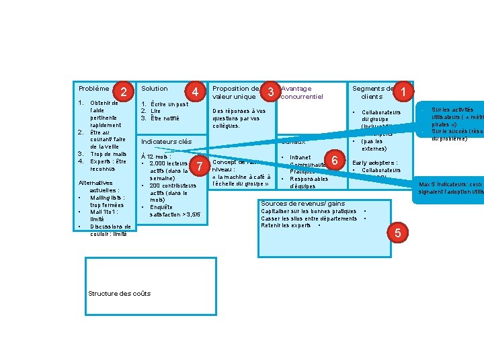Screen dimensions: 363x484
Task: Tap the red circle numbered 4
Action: [x=195, y=91]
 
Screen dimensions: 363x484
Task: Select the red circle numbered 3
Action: [x=271, y=91]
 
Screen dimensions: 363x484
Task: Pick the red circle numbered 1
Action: [x=403, y=91]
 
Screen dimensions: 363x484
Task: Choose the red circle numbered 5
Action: [x=398, y=233]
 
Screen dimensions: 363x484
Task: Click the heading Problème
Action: [x=94, y=89]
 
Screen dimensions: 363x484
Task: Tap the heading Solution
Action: [x=155, y=89]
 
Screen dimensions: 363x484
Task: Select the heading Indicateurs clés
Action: [x=166, y=142]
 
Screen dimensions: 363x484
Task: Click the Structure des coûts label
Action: [x=120, y=293]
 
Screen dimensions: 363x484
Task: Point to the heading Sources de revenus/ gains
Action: [x=302, y=204]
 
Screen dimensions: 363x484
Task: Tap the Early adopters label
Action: [x=374, y=163]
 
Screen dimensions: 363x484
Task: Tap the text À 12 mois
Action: [x=155, y=156]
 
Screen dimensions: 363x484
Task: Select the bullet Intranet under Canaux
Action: [x=300, y=157]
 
